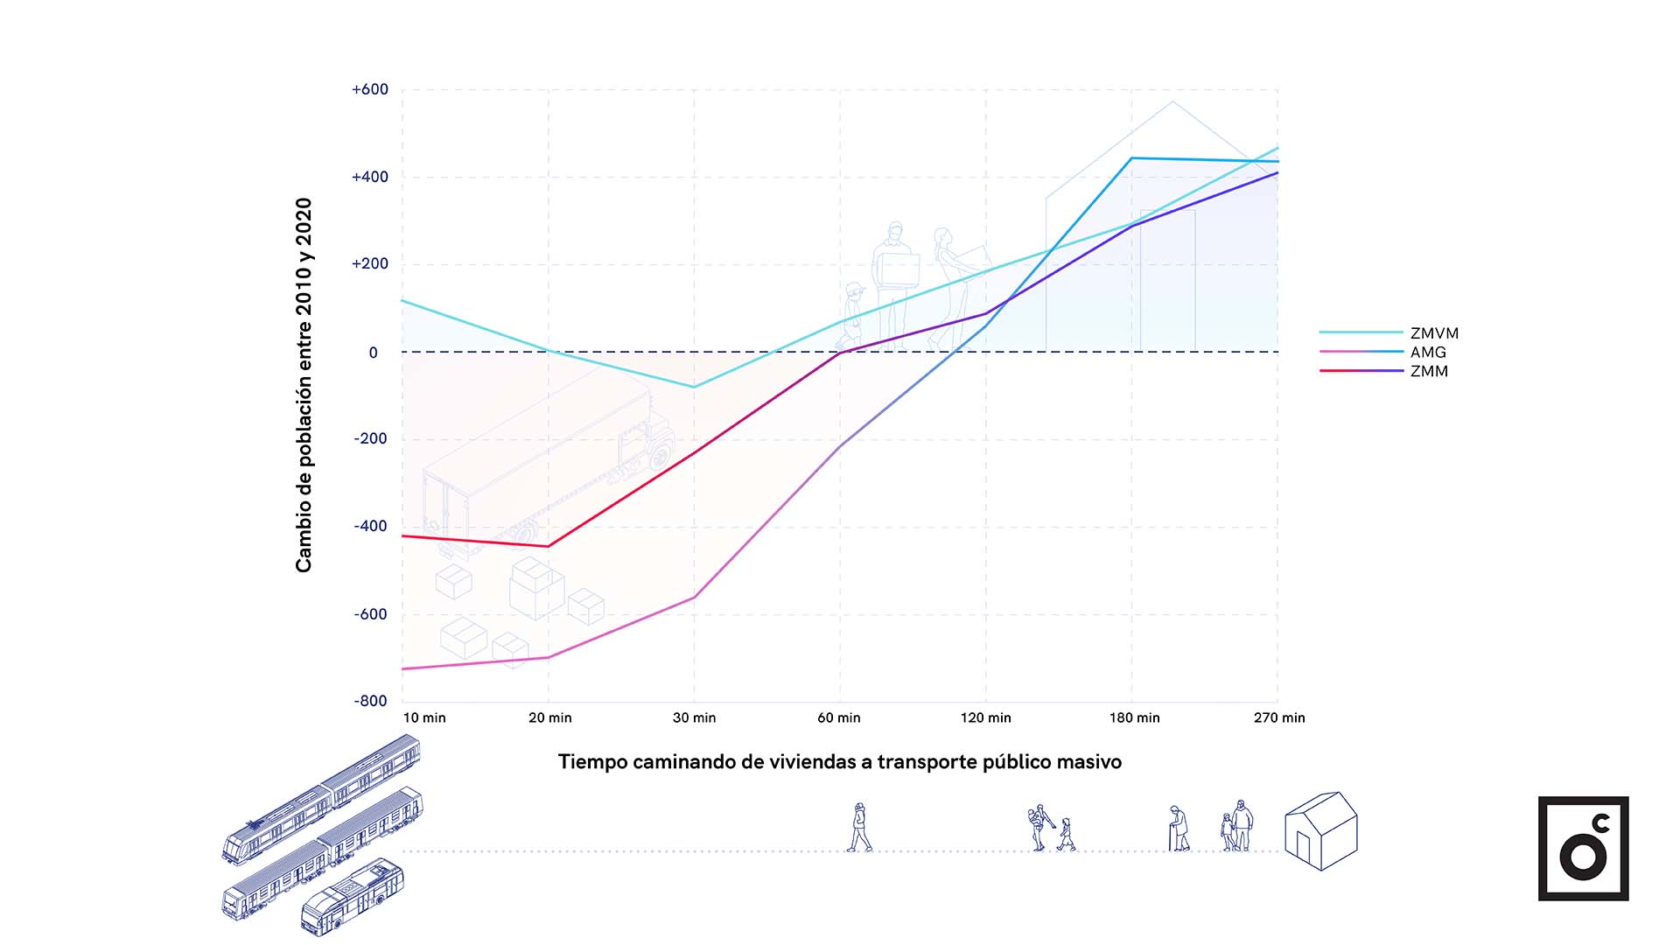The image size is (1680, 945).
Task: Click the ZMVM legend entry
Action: coord(1434,333)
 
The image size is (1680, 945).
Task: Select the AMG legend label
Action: coord(1428,353)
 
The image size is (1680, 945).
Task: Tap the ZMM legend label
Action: coord(1429,372)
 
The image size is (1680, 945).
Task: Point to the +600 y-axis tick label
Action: coord(369,89)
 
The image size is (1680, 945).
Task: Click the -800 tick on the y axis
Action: coord(370,701)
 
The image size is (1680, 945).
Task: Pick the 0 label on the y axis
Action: coord(374,353)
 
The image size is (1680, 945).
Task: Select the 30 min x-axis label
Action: coord(694,717)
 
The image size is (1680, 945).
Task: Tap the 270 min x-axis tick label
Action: coord(1278,717)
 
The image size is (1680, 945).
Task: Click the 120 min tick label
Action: coord(985,717)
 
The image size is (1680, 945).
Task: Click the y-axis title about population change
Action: coord(304,385)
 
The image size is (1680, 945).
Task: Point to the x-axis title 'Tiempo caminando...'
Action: coord(840,762)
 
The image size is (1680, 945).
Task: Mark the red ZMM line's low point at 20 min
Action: coord(549,547)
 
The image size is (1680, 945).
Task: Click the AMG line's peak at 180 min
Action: coord(1131,158)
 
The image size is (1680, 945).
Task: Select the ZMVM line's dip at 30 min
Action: coord(695,387)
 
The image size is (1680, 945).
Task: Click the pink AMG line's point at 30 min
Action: coord(695,598)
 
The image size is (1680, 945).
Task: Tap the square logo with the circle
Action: coord(1583,848)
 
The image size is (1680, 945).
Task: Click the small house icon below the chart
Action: coord(1320,831)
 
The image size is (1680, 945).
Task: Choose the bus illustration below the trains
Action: coord(352,897)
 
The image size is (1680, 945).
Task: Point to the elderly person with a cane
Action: coord(1179,829)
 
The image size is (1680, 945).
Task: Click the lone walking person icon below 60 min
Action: coord(859,828)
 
